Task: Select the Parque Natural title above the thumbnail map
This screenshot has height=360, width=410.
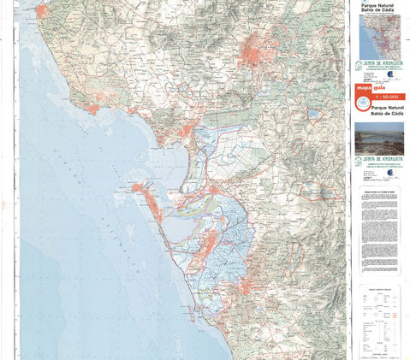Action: pos(381,8)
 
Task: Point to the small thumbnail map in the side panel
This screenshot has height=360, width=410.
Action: pos(377,36)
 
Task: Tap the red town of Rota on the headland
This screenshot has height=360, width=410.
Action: pos(92,109)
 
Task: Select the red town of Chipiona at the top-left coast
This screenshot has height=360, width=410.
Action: pos(41,11)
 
